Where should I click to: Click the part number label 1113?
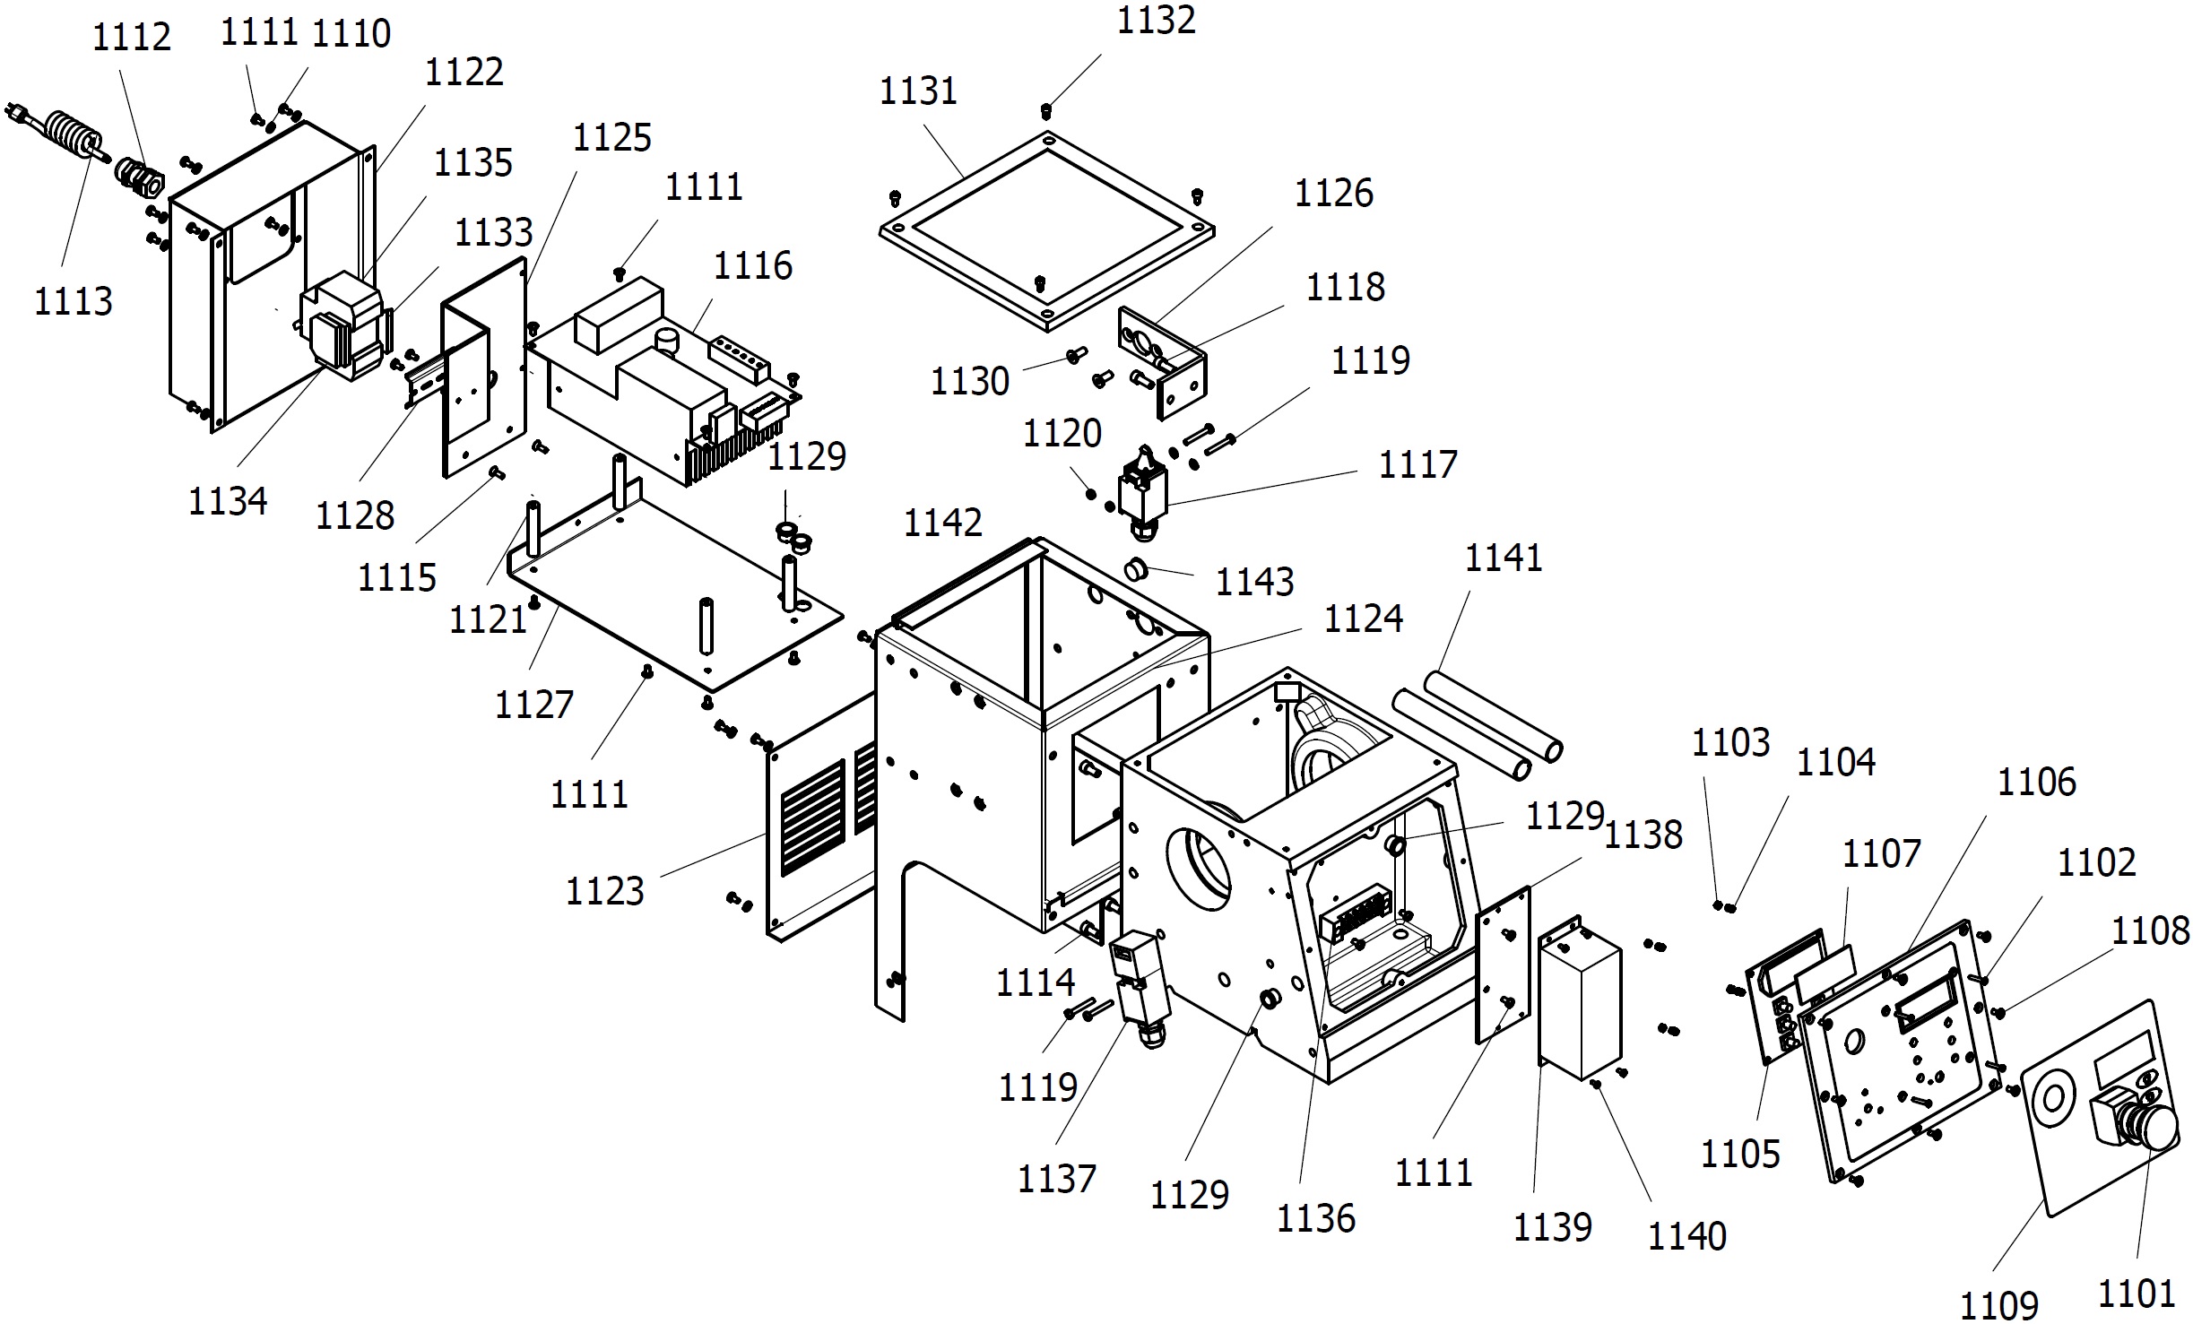[x=74, y=301]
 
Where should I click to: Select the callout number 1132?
[x=1156, y=21]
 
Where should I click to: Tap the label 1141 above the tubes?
[x=1504, y=558]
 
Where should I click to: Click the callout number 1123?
[x=604, y=891]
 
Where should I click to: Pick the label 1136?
[x=1315, y=1219]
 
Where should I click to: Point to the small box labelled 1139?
[x=1580, y=997]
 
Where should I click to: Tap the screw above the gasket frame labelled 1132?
[x=1045, y=111]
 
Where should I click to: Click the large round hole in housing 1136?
[x=1198, y=869]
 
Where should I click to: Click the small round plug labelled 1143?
[x=1138, y=569]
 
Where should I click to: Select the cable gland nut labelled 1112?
[x=140, y=177]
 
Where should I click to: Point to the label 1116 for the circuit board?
[x=752, y=266]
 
